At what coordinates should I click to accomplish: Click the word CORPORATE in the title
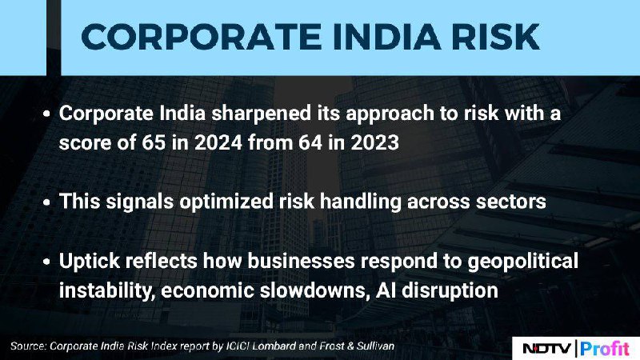[202, 37]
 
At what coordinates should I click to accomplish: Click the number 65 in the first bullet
[154, 142]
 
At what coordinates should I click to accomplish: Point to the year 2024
[218, 142]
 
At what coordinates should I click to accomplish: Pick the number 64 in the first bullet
[310, 142]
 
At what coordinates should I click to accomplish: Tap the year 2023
[374, 142]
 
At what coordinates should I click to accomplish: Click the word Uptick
[90, 262]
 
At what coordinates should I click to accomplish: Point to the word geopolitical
[523, 262]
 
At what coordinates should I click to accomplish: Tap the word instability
[107, 290]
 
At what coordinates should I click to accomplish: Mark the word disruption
[450, 291]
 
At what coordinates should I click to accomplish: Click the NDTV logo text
[547, 349]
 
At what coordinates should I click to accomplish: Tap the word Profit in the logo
[605, 349]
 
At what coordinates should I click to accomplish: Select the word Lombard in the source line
[274, 346]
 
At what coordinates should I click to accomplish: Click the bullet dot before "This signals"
[47, 202]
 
